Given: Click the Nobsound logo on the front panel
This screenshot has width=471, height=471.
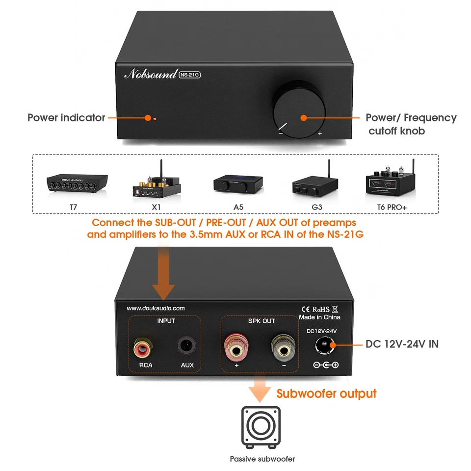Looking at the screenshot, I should coord(151,74).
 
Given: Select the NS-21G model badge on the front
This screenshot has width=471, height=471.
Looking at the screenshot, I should coord(190,75).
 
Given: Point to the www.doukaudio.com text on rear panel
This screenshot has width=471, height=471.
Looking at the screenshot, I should coord(156,308).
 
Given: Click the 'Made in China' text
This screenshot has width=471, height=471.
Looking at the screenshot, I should coord(319,317).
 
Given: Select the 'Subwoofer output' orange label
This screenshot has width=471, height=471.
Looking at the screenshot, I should coord(326,393).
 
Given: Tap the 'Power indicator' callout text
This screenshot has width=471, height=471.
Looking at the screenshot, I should coord(66,118).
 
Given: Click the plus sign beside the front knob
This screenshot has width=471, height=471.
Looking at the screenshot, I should coord(320,133).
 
